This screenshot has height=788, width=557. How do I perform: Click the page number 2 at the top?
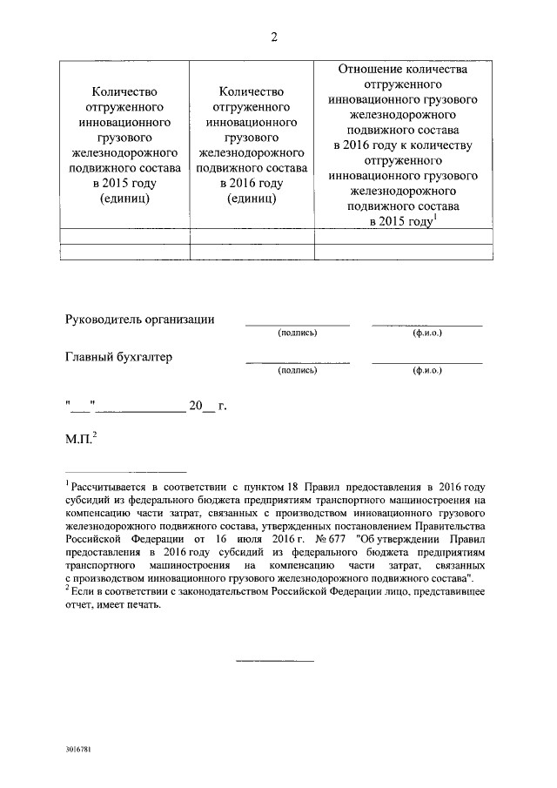(274, 36)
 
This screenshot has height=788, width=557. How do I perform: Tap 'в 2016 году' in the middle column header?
(252, 184)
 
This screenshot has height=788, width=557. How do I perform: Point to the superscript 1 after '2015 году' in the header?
(436, 218)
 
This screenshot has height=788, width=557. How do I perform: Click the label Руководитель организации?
(140, 320)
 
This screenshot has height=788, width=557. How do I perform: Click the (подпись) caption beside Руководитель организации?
(298, 333)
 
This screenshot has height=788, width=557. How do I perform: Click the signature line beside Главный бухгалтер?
(298, 361)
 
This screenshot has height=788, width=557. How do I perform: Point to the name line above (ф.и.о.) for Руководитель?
(427, 324)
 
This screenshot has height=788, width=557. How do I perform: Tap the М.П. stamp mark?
(83, 441)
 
